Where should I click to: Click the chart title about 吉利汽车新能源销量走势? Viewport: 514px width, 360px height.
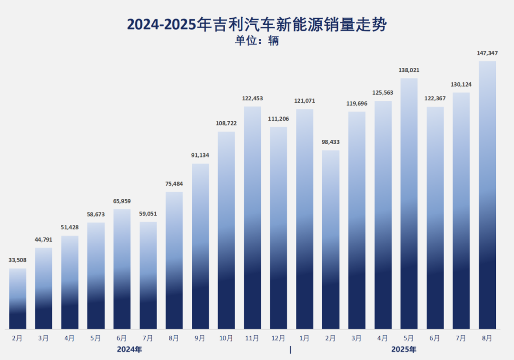click(x=257, y=25)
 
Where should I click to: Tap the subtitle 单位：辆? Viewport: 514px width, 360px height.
click(x=257, y=41)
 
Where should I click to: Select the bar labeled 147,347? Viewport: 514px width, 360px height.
click(x=487, y=195)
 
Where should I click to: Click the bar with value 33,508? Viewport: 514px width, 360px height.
click(x=18, y=299)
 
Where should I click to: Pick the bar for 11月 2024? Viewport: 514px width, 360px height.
click(x=253, y=217)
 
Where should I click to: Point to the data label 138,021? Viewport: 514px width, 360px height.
click(x=409, y=70)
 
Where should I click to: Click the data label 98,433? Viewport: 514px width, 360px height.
click(x=331, y=142)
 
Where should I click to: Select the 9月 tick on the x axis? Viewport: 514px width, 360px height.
click(x=200, y=338)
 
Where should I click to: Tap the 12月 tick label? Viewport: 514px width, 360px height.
click(x=278, y=338)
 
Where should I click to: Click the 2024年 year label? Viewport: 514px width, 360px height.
click(x=129, y=350)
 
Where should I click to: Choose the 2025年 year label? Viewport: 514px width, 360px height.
click(x=404, y=350)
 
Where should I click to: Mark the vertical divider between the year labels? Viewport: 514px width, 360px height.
click(x=290, y=350)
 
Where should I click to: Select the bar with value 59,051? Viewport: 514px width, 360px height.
click(x=148, y=275)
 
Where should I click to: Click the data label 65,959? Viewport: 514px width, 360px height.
click(x=122, y=201)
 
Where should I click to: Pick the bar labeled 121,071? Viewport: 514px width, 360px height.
click(x=305, y=219)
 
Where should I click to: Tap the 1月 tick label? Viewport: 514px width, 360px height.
click(x=305, y=338)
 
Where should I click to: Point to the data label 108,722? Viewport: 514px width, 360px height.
click(x=226, y=123)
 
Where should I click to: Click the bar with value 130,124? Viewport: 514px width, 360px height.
click(x=461, y=211)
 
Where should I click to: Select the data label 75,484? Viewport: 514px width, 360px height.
click(x=174, y=184)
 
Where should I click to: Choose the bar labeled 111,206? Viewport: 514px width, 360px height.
click(x=278, y=228)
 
